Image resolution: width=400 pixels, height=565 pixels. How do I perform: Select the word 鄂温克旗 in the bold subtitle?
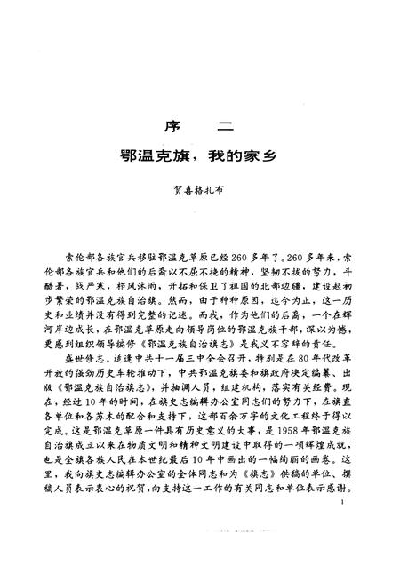click(157, 155)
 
